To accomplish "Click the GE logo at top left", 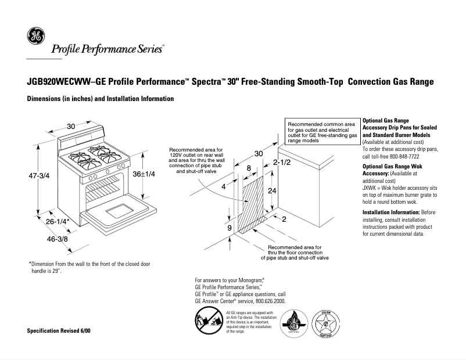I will [35, 37].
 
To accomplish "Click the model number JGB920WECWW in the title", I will [59, 82].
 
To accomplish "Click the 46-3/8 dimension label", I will [43, 238].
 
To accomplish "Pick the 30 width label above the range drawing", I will [71, 127].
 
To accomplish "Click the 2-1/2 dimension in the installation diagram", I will [282, 163].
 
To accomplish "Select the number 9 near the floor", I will [229, 228].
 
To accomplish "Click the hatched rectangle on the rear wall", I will [253, 206].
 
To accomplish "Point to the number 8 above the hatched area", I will [249, 168].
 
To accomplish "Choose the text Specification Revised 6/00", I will [59, 330].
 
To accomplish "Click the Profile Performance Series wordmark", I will [107, 49].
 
